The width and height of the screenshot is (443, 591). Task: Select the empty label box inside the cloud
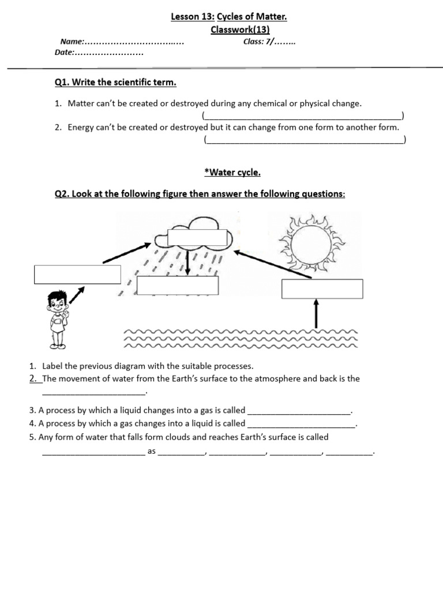point(198,237)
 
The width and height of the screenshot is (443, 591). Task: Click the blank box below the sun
point(322,289)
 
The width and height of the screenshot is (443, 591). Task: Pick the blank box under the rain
point(178,285)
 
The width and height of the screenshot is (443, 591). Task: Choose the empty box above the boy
point(77,274)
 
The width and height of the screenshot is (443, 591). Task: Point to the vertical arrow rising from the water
point(316,314)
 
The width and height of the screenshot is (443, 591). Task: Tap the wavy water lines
point(241,339)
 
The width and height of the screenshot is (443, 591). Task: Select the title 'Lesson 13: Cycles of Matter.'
point(229,17)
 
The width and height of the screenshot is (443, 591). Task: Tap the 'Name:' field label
point(73,42)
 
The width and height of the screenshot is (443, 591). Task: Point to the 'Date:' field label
point(65,53)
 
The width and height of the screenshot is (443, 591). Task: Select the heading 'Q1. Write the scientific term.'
point(115,83)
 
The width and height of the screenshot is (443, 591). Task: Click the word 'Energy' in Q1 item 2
point(81,128)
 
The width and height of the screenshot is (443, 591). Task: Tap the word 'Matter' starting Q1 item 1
point(80,103)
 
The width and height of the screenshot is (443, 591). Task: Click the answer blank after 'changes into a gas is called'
point(299,411)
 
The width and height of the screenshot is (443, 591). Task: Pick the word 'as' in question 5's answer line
point(152,451)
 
